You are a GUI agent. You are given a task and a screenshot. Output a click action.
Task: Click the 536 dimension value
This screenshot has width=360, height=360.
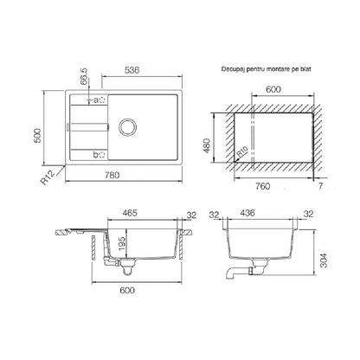[132, 70]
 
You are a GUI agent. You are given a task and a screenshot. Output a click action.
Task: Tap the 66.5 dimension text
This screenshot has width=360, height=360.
[85, 77]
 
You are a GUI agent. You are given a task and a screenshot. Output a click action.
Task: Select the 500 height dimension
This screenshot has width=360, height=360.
[37, 136]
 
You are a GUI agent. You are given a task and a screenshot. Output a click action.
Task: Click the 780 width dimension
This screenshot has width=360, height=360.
[112, 175]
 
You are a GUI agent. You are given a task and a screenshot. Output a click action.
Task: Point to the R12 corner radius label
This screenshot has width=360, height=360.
[48, 177]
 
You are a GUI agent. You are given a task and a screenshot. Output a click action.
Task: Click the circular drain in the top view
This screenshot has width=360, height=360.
[127, 126]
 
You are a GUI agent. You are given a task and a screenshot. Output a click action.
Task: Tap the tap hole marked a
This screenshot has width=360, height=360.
[101, 100]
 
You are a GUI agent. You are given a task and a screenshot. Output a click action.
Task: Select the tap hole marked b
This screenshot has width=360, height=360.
[101, 155]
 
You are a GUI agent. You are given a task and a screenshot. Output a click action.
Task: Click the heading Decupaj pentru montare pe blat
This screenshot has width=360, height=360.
[266, 69]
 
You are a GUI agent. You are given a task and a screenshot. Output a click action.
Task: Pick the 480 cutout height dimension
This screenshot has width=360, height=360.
[208, 146]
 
